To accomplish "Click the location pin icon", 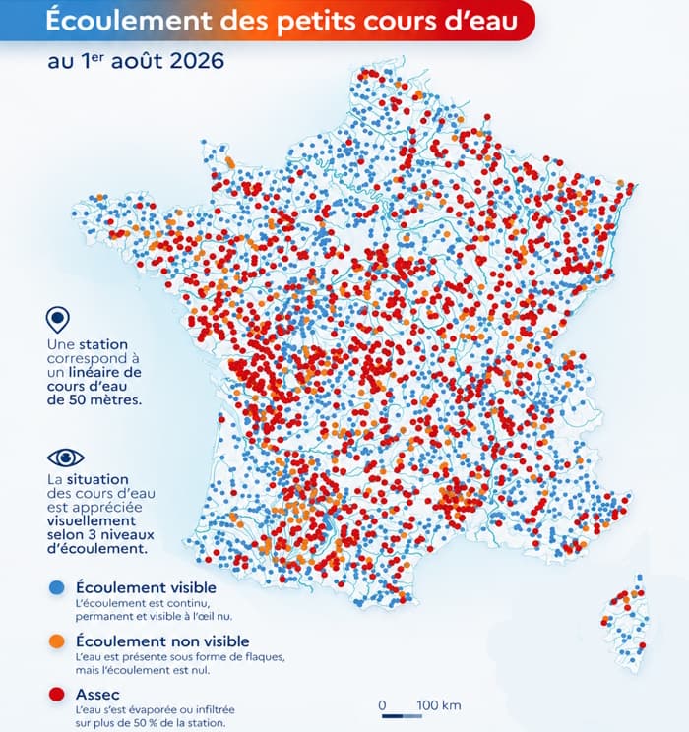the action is (58, 320).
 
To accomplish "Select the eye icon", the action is (66, 457).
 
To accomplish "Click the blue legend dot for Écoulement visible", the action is (56, 587).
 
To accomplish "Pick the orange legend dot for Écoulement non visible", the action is (56, 640).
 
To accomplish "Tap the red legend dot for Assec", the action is (56, 695).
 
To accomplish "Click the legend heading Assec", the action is (97, 695).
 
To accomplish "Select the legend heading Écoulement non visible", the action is (162, 640).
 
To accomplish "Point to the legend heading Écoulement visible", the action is (147, 587).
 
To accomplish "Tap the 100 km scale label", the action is (439, 704).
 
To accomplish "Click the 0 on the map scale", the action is (382, 704).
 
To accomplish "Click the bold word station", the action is (103, 344).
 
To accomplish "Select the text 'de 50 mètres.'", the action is (94, 400).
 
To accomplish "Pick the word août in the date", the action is (138, 61).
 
